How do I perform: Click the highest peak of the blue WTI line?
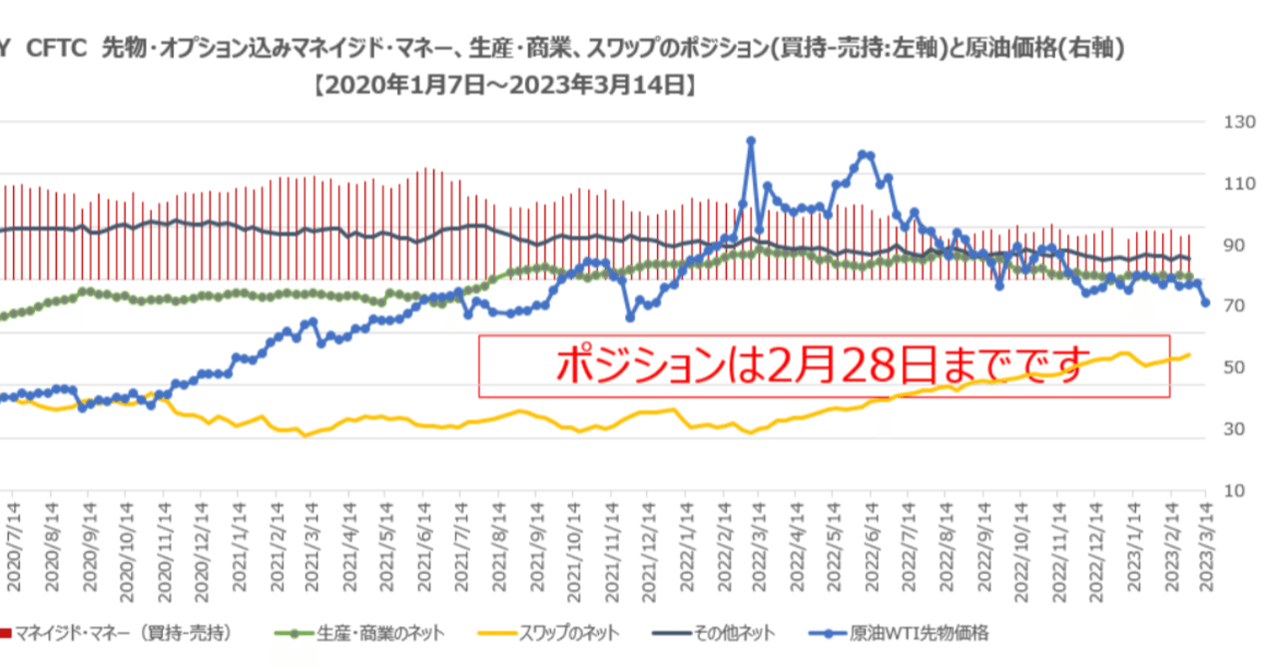coord(751,141)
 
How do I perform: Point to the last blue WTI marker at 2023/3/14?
coord(1206,303)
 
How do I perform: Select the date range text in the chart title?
coord(504,87)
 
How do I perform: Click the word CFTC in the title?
coord(59,48)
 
